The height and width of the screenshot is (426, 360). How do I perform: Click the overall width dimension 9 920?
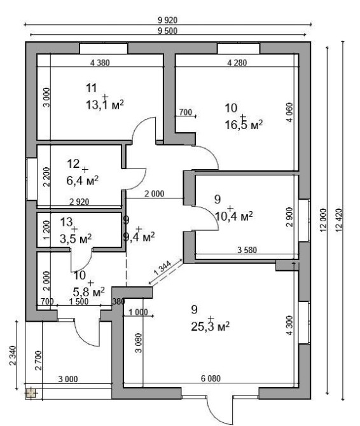click(x=167, y=20)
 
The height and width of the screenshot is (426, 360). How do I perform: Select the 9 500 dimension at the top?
click(x=167, y=31)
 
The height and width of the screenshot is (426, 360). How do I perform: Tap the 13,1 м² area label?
click(x=105, y=104)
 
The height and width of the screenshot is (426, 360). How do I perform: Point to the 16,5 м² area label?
click(x=244, y=125)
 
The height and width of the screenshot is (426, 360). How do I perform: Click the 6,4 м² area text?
click(x=82, y=180)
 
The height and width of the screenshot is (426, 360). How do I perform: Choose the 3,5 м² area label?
click(x=76, y=239)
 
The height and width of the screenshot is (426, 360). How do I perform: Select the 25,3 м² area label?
click(x=211, y=326)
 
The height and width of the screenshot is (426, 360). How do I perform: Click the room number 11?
click(x=92, y=88)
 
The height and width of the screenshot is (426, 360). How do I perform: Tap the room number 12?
click(x=73, y=164)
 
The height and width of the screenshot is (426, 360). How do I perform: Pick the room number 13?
click(x=67, y=222)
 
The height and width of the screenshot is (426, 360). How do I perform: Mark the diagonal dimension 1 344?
click(x=163, y=268)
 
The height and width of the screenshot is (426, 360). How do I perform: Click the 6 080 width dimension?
click(x=211, y=378)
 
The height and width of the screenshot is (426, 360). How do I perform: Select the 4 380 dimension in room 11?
click(x=100, y=63)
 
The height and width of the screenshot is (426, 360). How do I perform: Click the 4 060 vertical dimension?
click(x=289, y=112)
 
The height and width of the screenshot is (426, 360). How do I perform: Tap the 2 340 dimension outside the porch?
click(x=13, y=355)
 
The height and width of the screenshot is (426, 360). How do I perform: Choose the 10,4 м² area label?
click(x=233, y=216)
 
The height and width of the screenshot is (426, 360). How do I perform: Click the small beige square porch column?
click(x=31, y=393)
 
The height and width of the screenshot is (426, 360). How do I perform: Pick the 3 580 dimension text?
click(x=247, y=250)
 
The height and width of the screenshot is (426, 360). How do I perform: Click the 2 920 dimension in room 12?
click(x=80, y=202)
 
